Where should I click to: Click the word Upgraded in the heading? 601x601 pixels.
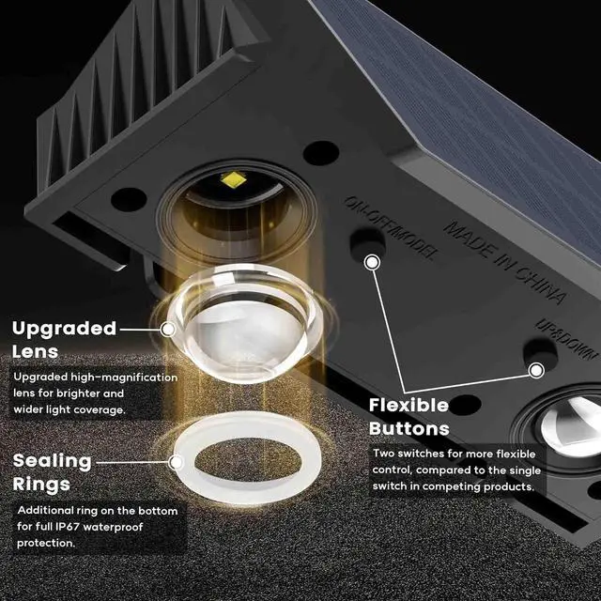click(x=64, y=329)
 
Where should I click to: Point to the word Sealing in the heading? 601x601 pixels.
click(x=52, y=461)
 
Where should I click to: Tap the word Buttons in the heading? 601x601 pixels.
click(x=409, y=428)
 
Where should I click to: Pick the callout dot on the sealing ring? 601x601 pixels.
click(x=176, y=461)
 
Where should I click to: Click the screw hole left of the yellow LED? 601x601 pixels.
click(x=129, y=199)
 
